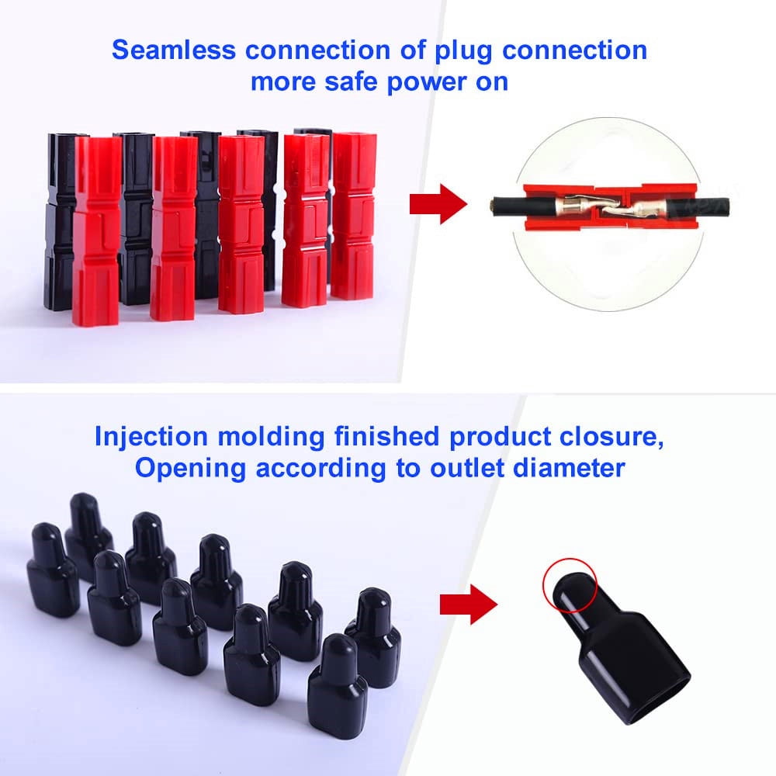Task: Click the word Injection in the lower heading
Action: (x=151, y=436)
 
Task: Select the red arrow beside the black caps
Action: (x=469, y=605)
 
